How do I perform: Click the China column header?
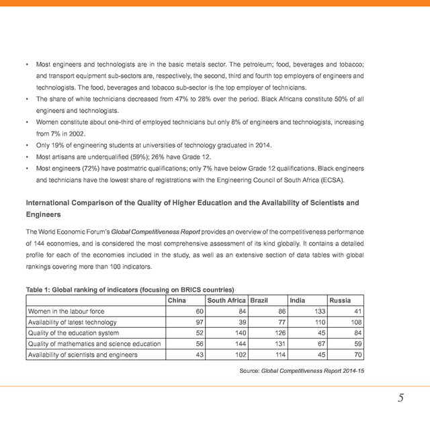(177, 300)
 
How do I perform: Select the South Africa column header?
(226, 300)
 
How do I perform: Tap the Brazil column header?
(259, 300)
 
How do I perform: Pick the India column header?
(297, 300)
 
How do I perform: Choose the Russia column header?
(339, 300)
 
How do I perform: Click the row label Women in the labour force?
(66, 311)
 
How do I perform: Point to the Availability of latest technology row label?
(72, 322)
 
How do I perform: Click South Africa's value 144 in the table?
(239, 343)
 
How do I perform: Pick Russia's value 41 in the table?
(358, 311)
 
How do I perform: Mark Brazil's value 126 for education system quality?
(277, 333)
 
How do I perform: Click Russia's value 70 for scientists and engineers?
(358, 354)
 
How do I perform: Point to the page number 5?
(400, 398)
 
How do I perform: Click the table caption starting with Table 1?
(129, 289)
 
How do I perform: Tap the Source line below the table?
(302, 371)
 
